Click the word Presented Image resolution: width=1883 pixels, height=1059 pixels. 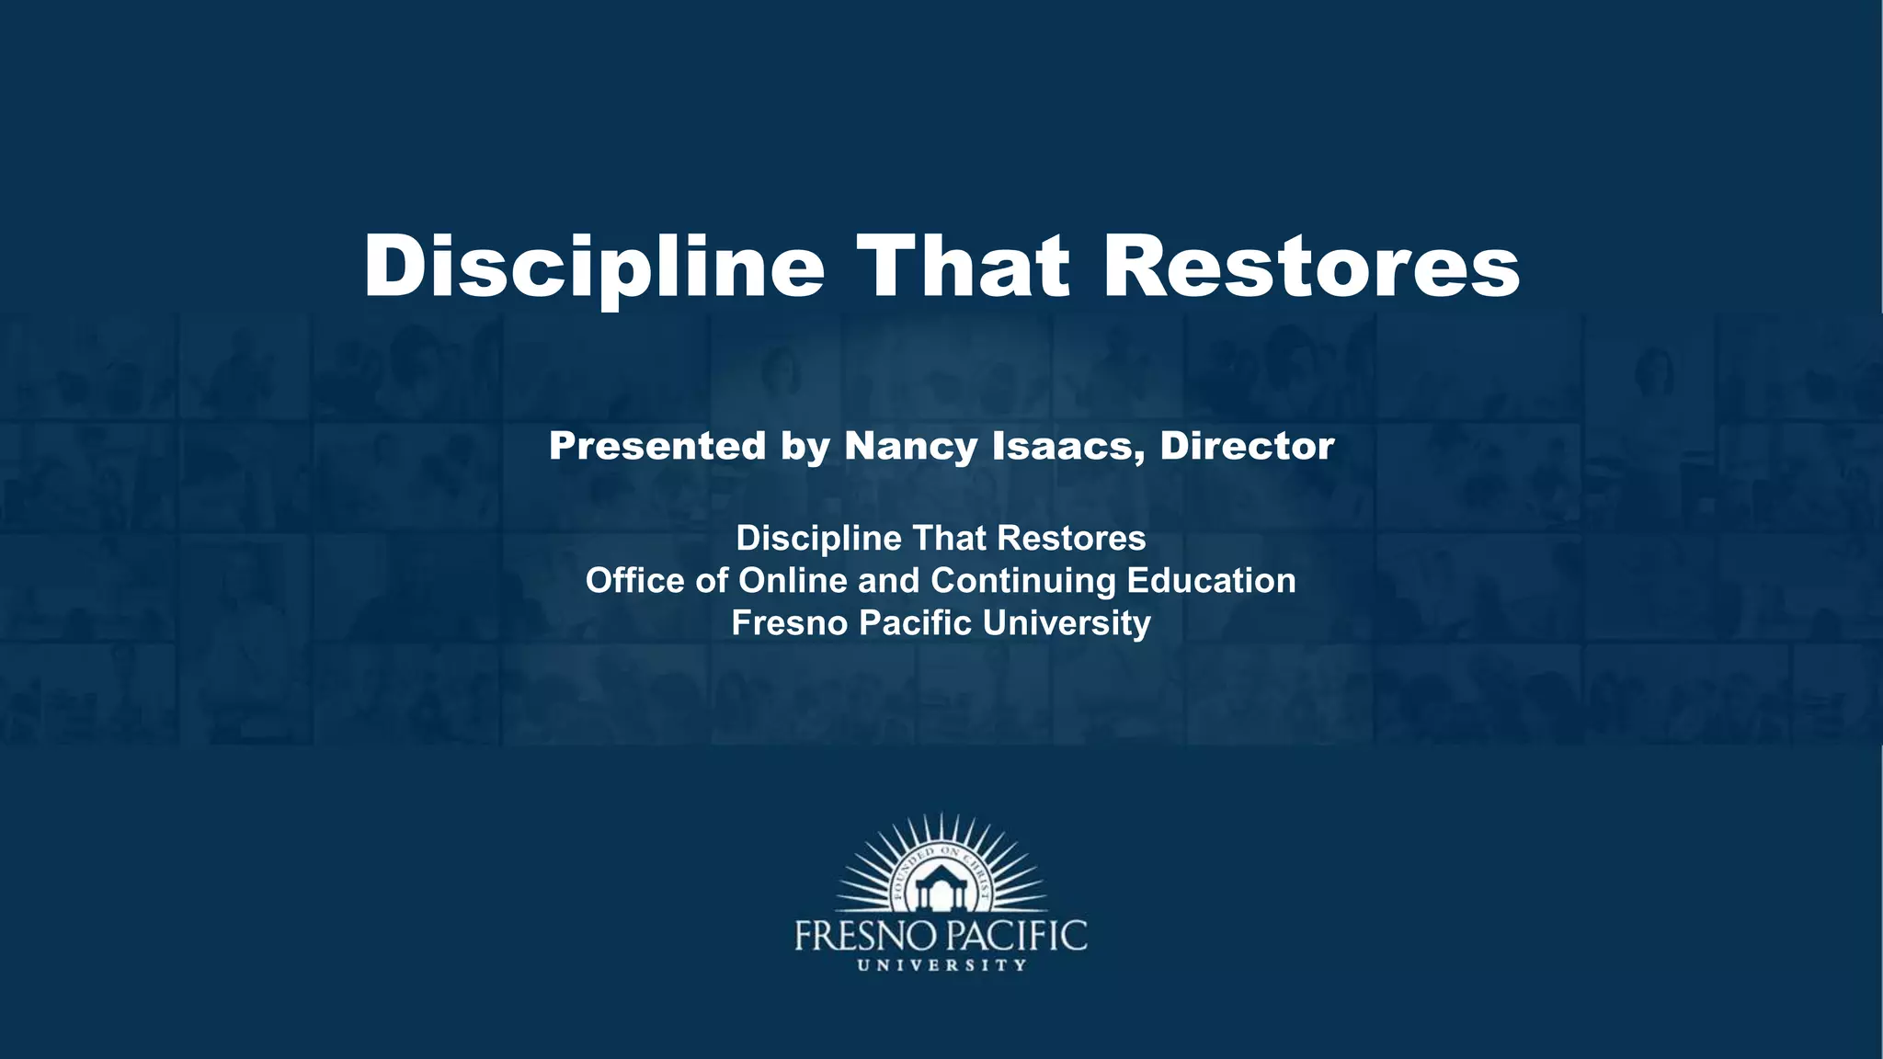657,446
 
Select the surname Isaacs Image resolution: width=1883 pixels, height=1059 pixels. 1068,447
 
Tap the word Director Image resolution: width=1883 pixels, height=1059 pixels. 1247,446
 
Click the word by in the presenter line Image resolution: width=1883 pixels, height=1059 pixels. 805,448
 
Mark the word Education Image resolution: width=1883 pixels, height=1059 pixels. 1212,580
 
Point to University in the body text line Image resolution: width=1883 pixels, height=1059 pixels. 1067,623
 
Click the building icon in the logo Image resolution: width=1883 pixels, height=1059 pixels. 941,889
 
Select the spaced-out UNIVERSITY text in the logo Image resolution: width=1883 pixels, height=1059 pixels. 941,965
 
